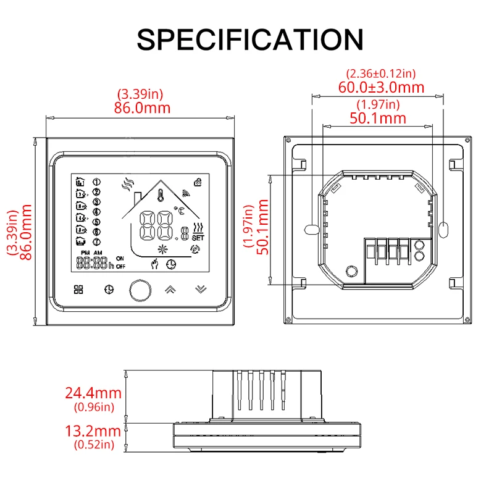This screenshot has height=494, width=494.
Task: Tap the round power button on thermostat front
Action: coord(140,289)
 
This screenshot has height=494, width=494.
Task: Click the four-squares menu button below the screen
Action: coord(78,289)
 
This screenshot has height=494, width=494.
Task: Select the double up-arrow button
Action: coord(170,288)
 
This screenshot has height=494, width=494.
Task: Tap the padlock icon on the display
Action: coord(198,181)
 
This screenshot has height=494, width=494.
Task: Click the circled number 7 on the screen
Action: coord(96,241)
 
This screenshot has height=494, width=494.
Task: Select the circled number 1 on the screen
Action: coord(96,182)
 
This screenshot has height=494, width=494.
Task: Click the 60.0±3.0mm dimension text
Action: coord(382,87)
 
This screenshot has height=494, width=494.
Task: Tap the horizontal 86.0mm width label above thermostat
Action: coord(141,107)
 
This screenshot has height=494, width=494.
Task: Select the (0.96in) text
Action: coord(93,406)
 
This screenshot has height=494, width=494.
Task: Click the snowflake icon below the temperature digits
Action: coord(164,250)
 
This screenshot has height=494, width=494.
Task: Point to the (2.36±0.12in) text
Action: coord(382,73)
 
